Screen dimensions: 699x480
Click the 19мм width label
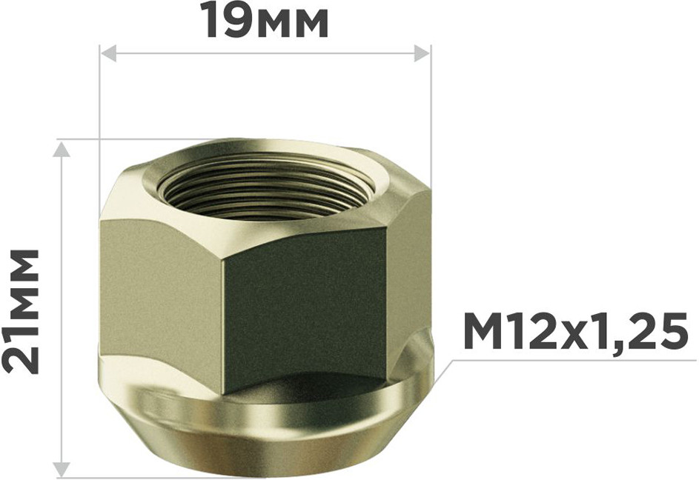[x=267, y=21]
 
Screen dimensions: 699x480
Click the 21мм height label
[x=21, y=310]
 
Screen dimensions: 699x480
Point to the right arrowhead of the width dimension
[x=422, y=53]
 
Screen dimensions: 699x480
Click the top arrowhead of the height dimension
[x=61, y=150]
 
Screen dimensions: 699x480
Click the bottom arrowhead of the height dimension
[x=61, y=469]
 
